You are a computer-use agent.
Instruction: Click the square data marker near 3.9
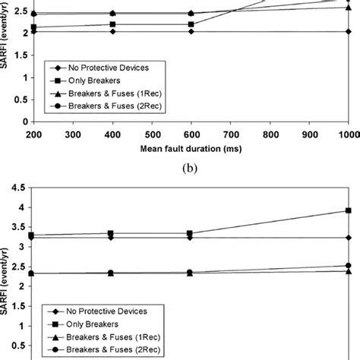pos(348,210)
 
